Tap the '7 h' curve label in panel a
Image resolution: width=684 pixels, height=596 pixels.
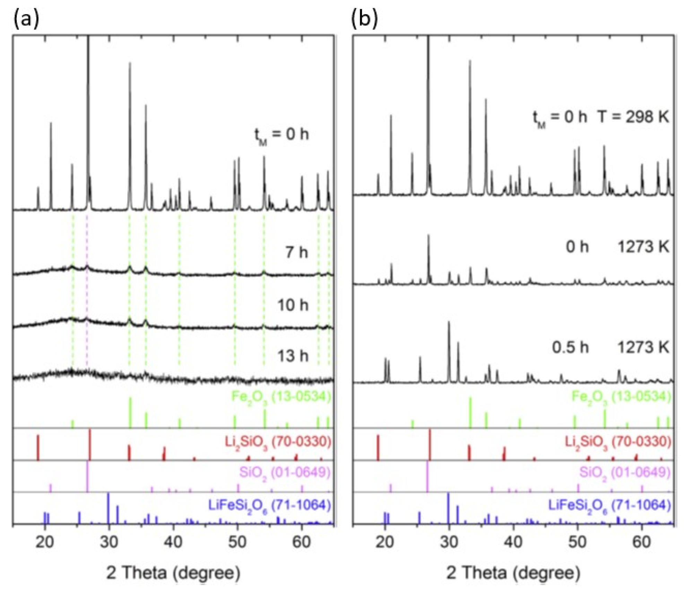pyautogui.click(x=296, y=252)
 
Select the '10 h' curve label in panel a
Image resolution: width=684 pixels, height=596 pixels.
pyautogui.click(x=293, y=305)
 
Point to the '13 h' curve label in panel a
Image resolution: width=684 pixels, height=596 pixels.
pyautogui.click(x=293, y=356)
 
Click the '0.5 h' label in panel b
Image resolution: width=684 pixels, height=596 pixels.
pyautogui.click(x=570, y=347)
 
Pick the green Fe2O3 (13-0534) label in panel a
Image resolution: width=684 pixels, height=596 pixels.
pyautogui.click(x=281, y=396)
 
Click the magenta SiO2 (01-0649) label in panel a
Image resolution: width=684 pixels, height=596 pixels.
pyautogui.click(x=284, y=472)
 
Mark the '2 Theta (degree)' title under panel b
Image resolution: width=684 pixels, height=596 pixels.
pyautogui.click(x=513, y=573)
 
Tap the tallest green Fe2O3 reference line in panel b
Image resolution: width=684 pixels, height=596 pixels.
pyautogui.click(x=470, y=413)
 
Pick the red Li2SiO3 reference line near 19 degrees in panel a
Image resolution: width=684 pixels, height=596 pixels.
pyautogui.click(x=38, y=447)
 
